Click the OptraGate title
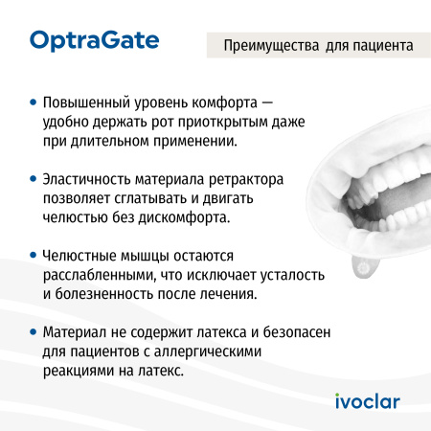click(x=94, y=40)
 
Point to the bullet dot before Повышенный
click(x=34, y=100)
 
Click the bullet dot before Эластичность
click(x=34, y=179)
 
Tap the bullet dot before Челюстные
click(x=34, y=258)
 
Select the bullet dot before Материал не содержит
click(x=34, y=334)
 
